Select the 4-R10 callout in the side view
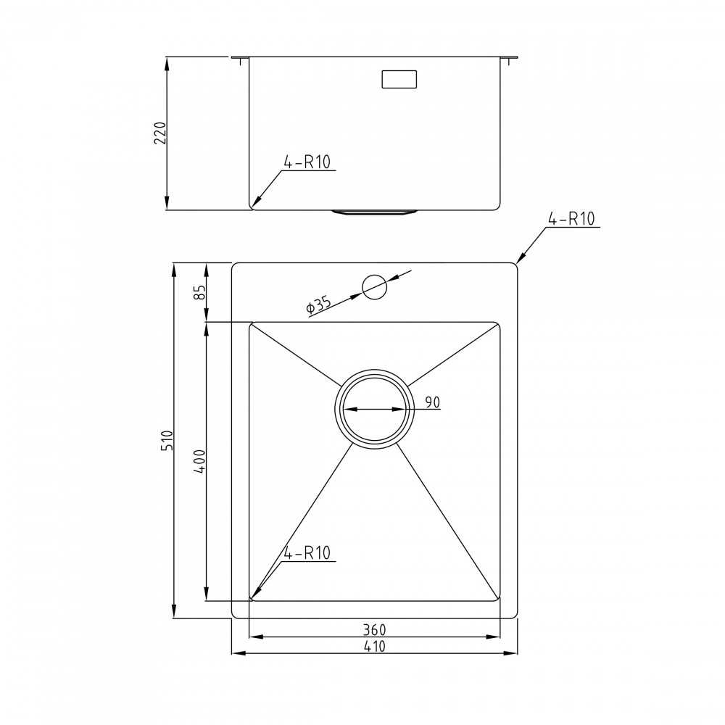tap(307, 162)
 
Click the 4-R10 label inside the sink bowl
tap(307, 553)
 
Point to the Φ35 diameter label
tap(318, 305)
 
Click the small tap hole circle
tap(375, 288)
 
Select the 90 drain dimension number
tap(433, 402)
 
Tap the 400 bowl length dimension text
tap(201, 462)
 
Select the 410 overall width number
tap(374, 646)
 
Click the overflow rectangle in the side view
tap(399, 79)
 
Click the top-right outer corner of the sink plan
tap(514, 265)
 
